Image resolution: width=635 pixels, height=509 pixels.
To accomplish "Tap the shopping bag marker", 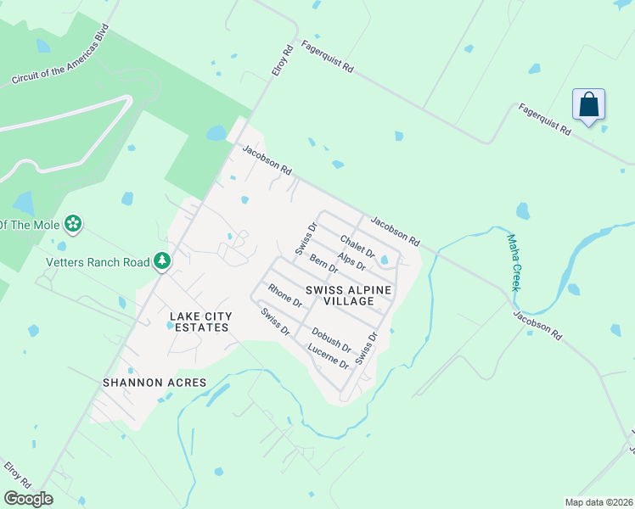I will coord(588,106).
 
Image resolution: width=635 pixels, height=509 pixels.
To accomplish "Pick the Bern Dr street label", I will coord(323,264).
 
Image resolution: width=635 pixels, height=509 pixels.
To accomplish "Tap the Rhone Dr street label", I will coord(285,295).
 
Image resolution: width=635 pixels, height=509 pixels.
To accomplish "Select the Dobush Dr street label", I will coord(331,339).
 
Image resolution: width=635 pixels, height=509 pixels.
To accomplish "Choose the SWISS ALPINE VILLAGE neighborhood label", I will coord(343,295).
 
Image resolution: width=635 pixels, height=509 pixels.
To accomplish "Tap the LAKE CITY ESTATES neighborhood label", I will coord(200,322).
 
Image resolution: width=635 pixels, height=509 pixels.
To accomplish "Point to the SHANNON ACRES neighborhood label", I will coord(155,383).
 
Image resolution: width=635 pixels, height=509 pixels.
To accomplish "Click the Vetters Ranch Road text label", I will coord(97,262).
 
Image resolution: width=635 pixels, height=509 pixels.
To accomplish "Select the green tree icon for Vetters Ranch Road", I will coord(161,261).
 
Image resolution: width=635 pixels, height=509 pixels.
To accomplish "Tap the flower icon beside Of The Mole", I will coord(74,224).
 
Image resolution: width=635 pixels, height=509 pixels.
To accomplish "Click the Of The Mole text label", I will coord(30,224).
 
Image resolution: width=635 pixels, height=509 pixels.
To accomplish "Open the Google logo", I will coord(28,499).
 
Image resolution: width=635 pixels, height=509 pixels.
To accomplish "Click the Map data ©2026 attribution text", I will coord(598,502).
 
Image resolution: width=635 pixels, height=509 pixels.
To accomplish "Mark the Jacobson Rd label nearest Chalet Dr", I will coord(395,229).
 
